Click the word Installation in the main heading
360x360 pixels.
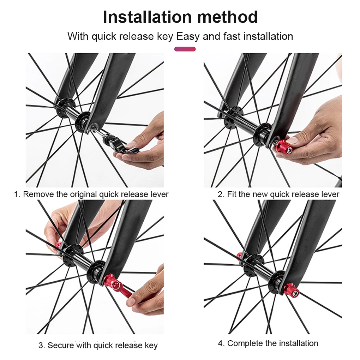pos(147,17)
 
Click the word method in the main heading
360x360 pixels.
pos(227,17)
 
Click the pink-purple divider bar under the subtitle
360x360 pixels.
pos(185,49)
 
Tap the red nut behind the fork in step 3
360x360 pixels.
pos(58,246)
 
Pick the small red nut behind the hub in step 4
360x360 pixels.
pos(239,255)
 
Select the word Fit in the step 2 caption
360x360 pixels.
pos(232,194)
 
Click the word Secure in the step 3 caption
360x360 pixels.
pos(61,345)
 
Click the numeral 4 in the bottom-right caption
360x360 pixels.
pos(220,343)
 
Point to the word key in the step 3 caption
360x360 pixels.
pos(151,346)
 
